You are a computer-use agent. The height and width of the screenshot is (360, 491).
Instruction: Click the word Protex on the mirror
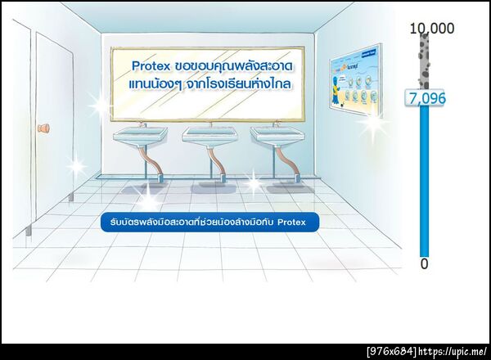point(152,64)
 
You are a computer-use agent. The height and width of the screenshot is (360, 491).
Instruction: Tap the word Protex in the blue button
point(291,222)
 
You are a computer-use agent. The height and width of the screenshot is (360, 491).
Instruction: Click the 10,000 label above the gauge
point(431,29)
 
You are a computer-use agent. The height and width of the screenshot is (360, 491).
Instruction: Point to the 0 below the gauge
point(424,264)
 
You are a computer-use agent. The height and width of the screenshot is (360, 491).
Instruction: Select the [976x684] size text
point(391,352)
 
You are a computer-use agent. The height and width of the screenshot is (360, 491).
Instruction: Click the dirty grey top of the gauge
point(425,61)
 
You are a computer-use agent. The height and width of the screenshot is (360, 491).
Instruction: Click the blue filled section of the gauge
point(424,180)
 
